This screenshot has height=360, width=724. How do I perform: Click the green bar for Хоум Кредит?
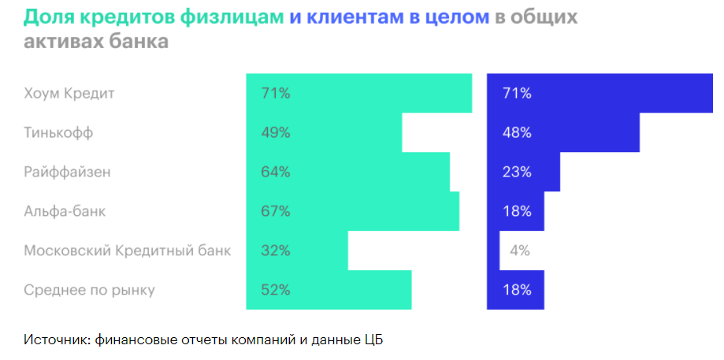358,93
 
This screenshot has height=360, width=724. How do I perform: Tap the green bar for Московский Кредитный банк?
297,251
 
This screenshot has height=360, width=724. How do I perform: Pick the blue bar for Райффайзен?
523,172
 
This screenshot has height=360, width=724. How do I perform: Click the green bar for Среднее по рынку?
329,290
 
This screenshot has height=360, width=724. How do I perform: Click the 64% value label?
276,172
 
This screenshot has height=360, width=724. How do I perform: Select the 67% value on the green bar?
276,211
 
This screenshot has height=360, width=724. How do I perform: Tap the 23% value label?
517,172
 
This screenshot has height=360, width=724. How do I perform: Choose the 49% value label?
276,132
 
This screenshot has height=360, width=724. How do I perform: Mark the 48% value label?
517,132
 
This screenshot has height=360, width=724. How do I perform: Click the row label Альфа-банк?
65,211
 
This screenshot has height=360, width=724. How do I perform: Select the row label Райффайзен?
68,172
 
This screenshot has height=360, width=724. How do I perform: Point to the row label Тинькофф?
58,132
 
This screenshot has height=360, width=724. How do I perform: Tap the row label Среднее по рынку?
89,290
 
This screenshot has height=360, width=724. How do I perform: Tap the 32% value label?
276,251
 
